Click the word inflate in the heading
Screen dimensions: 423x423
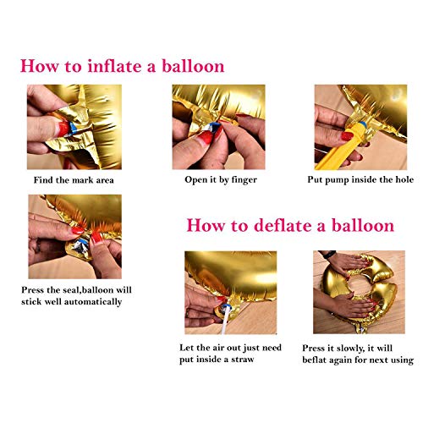click(x=115, y=66)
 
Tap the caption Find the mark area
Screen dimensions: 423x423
click(x=74, y=180)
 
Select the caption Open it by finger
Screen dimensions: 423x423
click(x=221, y=180)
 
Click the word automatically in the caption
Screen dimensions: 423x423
click(x=93, y=302)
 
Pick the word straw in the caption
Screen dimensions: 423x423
click(x=243, y=360)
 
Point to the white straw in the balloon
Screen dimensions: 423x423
click(x=225, y=321)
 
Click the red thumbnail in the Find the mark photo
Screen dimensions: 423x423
click(x=63, y=129)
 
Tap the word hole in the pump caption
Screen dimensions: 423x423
click(x=404, y=179)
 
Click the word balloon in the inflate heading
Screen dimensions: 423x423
click(x=193, y=66)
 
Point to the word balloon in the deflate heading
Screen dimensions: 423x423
click(x=363, y=226)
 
